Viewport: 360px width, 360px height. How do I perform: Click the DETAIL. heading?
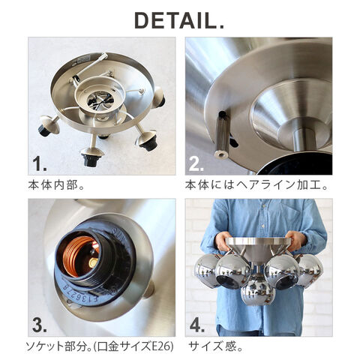point(179,21)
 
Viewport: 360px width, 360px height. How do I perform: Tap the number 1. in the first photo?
point(40,163)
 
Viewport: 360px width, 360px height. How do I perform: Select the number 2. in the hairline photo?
point(196,163)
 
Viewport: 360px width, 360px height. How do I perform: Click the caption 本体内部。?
point(56,185)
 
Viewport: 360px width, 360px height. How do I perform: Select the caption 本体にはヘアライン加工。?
point(256,185)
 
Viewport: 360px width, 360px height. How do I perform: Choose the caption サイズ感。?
point(215,346)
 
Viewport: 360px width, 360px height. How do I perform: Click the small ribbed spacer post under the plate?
point(222,134)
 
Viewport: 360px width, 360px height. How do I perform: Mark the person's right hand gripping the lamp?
point(223,242)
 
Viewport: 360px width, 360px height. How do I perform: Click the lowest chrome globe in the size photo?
point(257,291)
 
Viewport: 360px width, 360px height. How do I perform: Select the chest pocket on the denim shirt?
point(291,215)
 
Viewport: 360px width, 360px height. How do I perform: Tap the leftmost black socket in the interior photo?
point(44,130)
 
